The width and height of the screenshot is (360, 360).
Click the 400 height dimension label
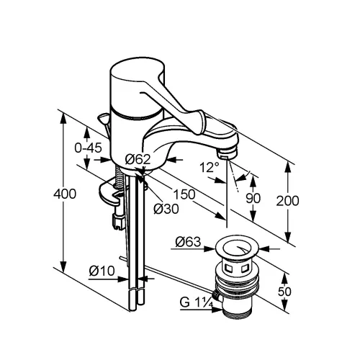(65, 194)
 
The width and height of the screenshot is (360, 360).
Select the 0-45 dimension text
(88, 148)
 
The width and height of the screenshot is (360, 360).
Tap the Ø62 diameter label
(138, 159)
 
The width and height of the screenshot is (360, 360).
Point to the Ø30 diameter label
(166, 209)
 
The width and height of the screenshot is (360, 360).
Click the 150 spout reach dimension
(184, 194)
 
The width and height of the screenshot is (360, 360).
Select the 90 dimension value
(253, 199)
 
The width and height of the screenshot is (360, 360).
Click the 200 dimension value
(287, 201)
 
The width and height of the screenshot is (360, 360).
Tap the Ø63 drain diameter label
(188, 242)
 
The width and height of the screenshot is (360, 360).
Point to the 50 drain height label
(284, 292)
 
